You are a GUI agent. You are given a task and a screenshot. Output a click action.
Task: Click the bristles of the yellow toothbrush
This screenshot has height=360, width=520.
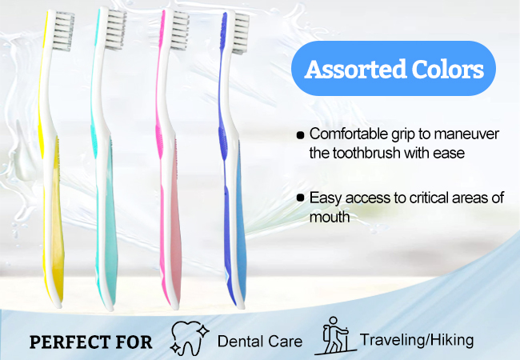[64, 30]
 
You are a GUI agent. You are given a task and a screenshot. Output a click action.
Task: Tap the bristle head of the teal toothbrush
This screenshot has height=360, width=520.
[116, 29]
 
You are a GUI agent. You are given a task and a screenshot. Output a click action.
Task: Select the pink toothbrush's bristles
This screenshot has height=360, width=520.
[180, 30]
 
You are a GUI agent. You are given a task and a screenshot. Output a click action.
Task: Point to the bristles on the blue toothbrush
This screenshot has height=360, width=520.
[241, 34]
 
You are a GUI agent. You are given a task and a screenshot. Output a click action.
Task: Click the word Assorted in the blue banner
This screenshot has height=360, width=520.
[355, 70]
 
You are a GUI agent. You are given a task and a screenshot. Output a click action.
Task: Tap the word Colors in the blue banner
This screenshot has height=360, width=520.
[448, 70]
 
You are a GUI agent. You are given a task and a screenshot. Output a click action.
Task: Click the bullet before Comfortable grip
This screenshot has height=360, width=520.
[300, 135]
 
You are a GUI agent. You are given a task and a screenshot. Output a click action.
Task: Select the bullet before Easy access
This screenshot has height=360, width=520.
[300, 198]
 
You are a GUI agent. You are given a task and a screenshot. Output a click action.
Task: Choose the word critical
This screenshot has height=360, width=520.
[429, 198]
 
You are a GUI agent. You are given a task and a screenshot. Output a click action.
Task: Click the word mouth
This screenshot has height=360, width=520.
[330, 218]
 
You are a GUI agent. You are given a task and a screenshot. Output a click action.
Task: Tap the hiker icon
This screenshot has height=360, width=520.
[334, 335]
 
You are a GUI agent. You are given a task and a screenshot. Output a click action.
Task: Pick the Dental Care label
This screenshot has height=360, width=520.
[260, 342]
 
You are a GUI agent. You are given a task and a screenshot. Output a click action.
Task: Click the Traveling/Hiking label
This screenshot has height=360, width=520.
[417, 341]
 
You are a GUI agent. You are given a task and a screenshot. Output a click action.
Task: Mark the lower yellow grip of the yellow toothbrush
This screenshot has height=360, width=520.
[57, 218]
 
